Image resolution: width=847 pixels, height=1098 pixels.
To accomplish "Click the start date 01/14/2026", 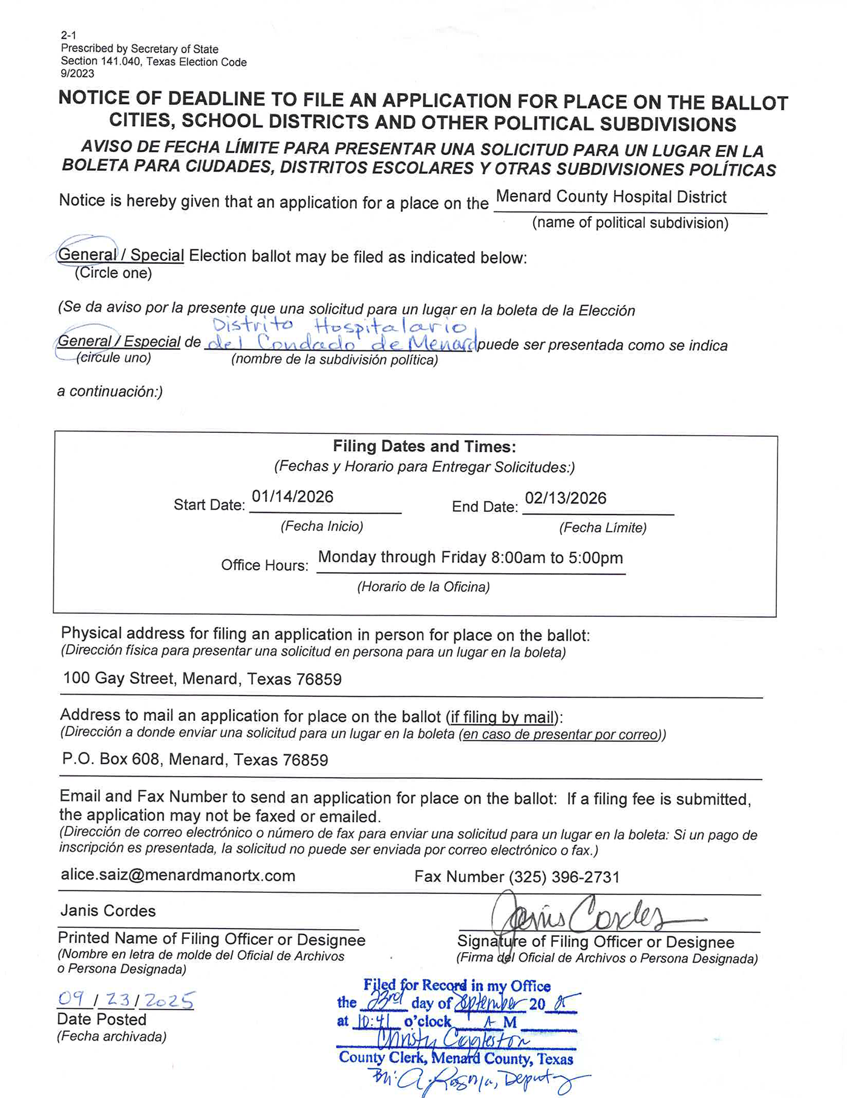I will [x=292, y=497].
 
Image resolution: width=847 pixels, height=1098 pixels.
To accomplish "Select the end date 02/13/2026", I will [x=565, y=499].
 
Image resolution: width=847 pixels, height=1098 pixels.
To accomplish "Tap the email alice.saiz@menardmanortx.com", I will [x=178, y=876].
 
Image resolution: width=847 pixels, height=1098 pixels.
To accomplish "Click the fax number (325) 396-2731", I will [x=517, y=877].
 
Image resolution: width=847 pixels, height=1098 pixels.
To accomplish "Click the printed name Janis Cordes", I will [x=108, y=911].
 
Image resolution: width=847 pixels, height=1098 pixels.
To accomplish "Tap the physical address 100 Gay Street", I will [x=202, y=679].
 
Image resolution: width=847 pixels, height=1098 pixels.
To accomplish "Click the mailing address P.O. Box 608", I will [x=195, y=760].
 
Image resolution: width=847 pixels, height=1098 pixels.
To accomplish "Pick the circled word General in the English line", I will [x=87, y=255].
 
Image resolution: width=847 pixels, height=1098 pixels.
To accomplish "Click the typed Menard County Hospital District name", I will [x=611, y=197].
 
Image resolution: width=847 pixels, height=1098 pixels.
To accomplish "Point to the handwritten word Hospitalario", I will [x=391, y=327].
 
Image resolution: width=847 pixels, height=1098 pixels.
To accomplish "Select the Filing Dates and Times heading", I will [x=424, y=447].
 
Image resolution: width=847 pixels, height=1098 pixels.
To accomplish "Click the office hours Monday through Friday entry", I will [x=470, y=557].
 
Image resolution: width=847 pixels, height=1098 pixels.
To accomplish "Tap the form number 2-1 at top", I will [x=68, y=35].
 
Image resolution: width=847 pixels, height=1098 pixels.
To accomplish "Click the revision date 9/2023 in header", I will [x=77, y=74].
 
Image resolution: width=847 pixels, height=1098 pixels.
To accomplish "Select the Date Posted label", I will [x=102, y=1020].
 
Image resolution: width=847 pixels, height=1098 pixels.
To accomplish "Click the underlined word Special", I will [x=157, y=255].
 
